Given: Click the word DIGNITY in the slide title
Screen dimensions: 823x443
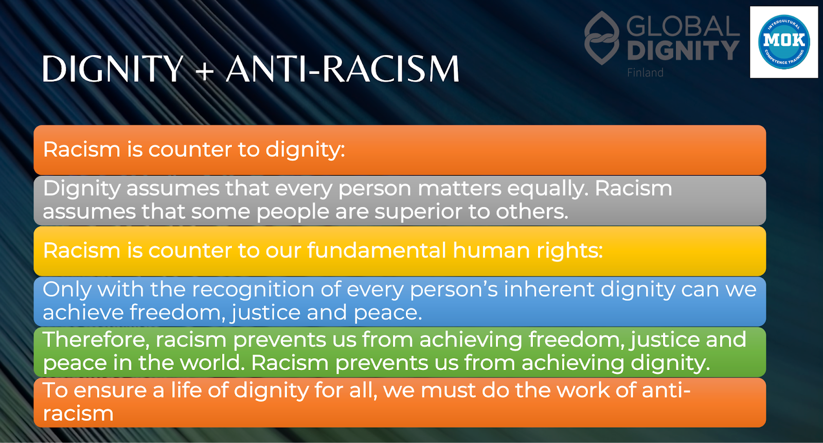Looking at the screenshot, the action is (113, 69).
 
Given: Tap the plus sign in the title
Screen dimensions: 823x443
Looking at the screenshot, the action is (205, 70).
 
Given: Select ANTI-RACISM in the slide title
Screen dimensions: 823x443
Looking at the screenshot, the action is (343, 69).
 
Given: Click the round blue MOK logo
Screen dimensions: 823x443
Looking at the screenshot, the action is (784, 42).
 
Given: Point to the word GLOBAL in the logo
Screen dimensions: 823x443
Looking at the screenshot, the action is (683, 26).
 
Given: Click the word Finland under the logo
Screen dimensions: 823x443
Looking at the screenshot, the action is (645, 72).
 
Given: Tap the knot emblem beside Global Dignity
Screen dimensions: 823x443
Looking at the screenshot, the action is (602, 38).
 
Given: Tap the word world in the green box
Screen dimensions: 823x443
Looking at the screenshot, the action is (212, 363).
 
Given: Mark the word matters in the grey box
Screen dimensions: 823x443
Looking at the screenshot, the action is (459, 189).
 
